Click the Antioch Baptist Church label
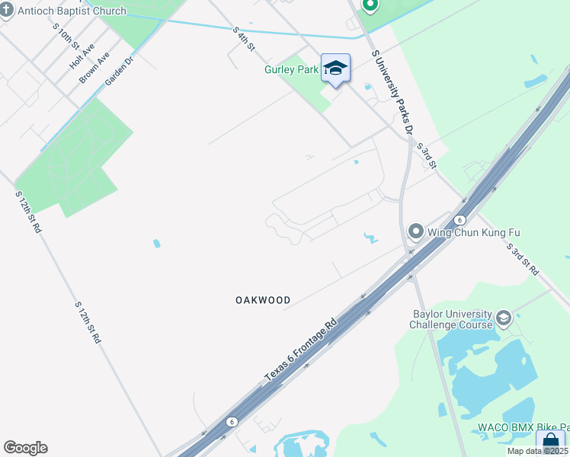(x=73, y=11)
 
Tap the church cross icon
(x=7, y=11)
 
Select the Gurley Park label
(x=291, y=69)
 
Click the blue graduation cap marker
(x=335, y=69)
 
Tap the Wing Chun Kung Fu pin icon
(x=415, y=231)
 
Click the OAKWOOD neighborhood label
(x=262, y=300)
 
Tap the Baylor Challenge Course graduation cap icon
(x=503, y=318)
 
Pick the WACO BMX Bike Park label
(x=523, y=427)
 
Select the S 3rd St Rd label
(x=523, y=259)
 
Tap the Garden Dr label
(x=120, y=70)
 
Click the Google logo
(x=25, y=448)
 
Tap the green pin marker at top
(x=370, y=6)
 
